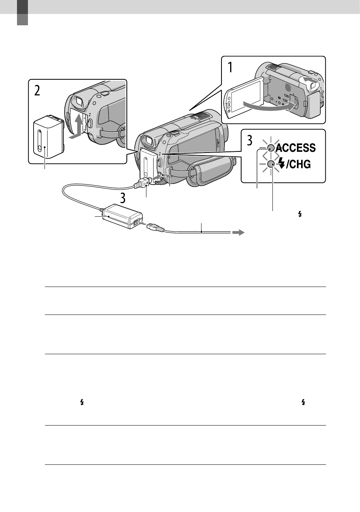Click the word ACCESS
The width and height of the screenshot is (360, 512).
[x=296, y=148]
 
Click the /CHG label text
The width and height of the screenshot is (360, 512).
[x=298, y=164]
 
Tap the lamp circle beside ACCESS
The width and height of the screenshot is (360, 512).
[x=271, y=148]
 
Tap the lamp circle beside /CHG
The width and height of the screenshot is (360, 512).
[x=271, y=164]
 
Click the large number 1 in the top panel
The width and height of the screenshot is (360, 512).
[x=230, y=68]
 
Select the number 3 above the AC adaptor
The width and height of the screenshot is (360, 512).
[x=123, y=198]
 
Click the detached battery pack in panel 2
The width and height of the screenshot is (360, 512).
[x=48, y=137]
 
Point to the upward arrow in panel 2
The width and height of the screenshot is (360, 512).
[x=78, y=123]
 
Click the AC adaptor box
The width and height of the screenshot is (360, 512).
[x=123, y=216]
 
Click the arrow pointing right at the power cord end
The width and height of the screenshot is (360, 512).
[x=238, y=233]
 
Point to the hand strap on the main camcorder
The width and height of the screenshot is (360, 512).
[x=210, y=173]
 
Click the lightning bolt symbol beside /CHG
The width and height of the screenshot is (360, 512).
[x=282, y=164]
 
